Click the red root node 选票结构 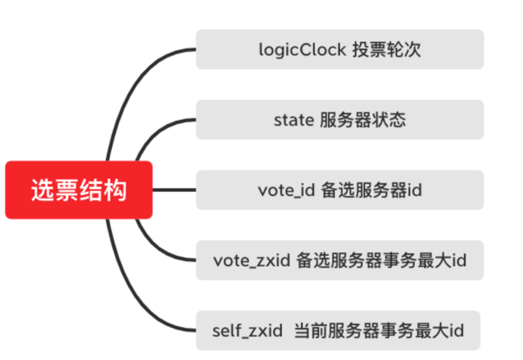[x=79, y=190]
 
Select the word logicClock [x=303, y=50]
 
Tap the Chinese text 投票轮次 [x=387, y=50]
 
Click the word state [x=294, y=120]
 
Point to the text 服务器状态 [x=363, y=120]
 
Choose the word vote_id [x=286, y=190]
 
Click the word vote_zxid [x=251, y=261]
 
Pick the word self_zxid [x=247, y=331]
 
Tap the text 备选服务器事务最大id [x=381, y=260]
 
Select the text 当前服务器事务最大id [x=379, y=330]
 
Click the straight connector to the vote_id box [x=174, y=190]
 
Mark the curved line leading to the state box [x=157, y=130]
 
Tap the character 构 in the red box [x=115, y=190]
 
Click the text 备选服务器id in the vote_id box [x=371, y=190]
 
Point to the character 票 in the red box [x=67, y=190]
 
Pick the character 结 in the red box [x=91, y=190]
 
